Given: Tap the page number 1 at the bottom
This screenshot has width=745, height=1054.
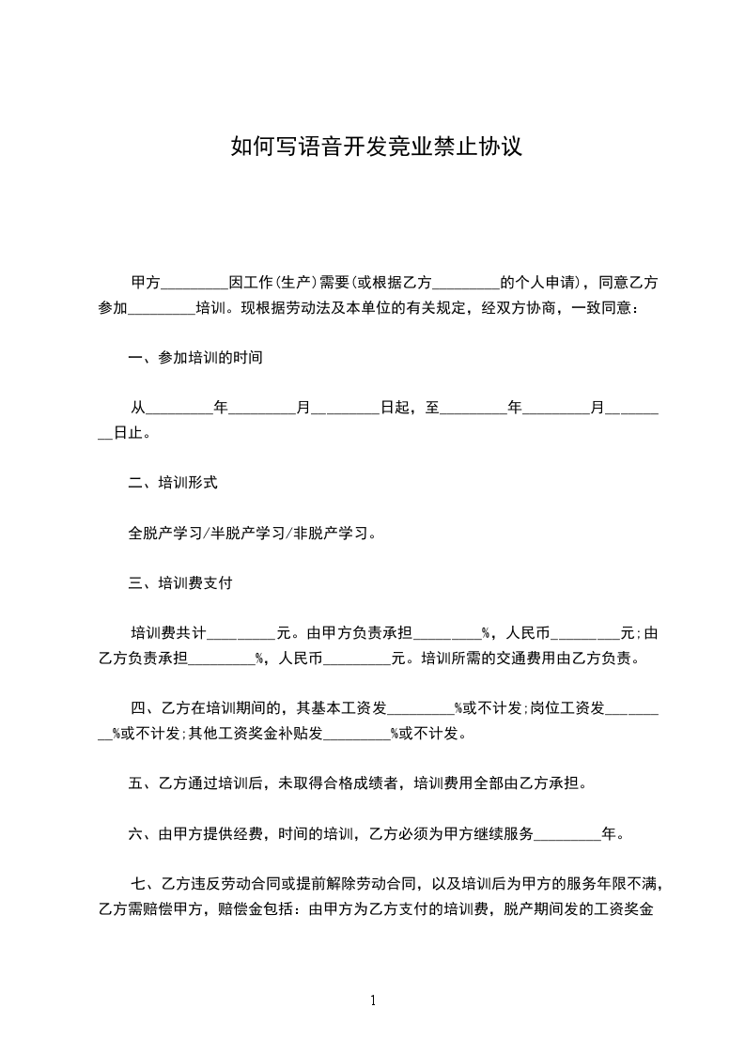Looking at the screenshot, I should (x=373, y=1000).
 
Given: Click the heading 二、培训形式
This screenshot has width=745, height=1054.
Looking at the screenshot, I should (x=173, y=483).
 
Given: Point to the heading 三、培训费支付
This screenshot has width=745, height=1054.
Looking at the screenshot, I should (x=180, y=583).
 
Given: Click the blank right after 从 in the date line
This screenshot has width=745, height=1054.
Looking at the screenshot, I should (x=179, y=410).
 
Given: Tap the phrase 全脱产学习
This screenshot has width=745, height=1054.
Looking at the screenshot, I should (x=165, y=534).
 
